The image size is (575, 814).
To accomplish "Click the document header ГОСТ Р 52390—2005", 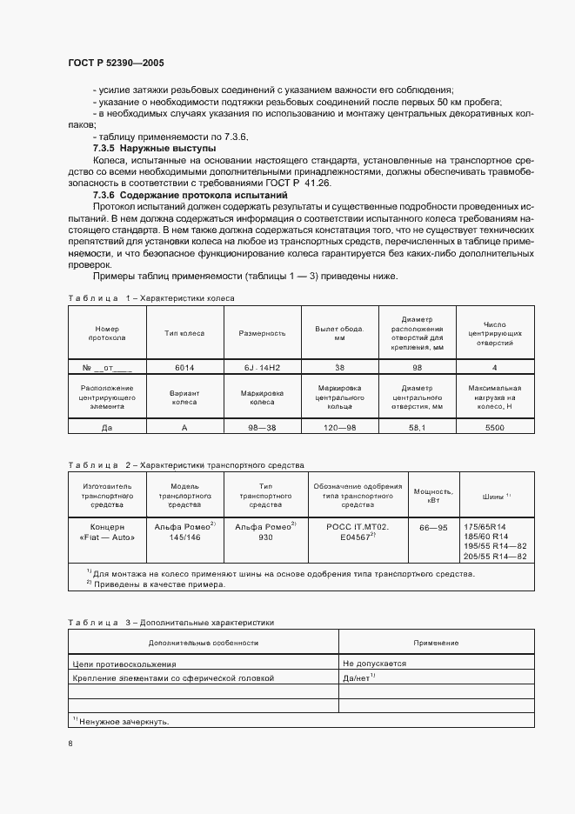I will click(x=115, y=63).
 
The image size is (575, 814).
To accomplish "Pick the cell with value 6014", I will click(x=184, y=367).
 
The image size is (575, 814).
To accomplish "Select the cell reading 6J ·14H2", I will click(x=263, y=367).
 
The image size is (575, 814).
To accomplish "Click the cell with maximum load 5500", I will click(x=494, y=428).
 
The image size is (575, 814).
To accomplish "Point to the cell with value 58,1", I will click(x=418, y=428).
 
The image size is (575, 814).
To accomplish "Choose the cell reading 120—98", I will click(x=339, y=428).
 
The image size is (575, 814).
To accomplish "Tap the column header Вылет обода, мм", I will click(x=339, y=333).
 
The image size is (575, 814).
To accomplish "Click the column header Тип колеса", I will click(x=184, y=333).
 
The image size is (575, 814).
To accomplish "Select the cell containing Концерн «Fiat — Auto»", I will click(x=107, y=532).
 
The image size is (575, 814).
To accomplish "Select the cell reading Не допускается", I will click(x=375, y=663).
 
